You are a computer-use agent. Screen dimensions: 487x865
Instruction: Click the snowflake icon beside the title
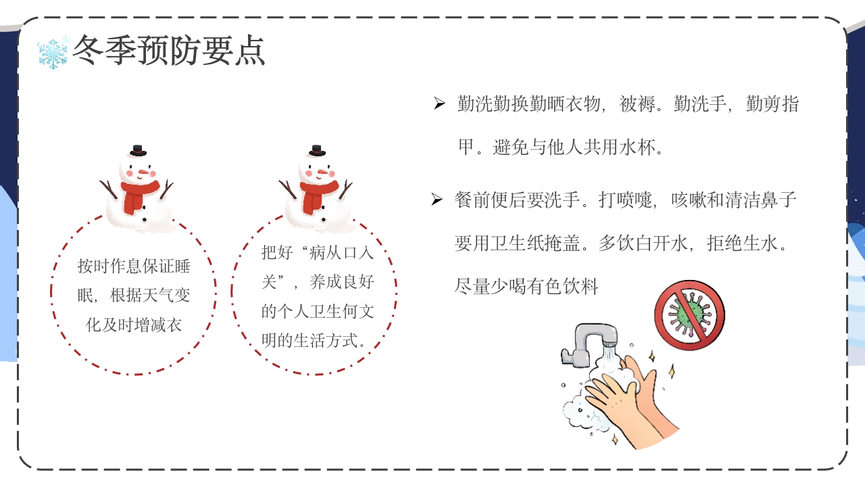tap(53, 53)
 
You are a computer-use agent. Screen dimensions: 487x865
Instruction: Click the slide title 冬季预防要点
tap(169, 50)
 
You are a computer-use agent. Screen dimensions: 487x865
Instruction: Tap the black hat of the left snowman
tap(139, 149)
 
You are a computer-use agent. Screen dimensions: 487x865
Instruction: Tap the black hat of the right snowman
tap(317, 150)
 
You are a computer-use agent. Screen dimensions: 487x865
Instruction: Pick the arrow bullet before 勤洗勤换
tap(439, 104)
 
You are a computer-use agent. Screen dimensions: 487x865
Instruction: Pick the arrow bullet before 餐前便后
tap(437, 200)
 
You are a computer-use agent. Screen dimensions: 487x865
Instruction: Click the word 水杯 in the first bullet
tap(637, 147)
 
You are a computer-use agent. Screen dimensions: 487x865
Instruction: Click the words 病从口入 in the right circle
tap(341, 253)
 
